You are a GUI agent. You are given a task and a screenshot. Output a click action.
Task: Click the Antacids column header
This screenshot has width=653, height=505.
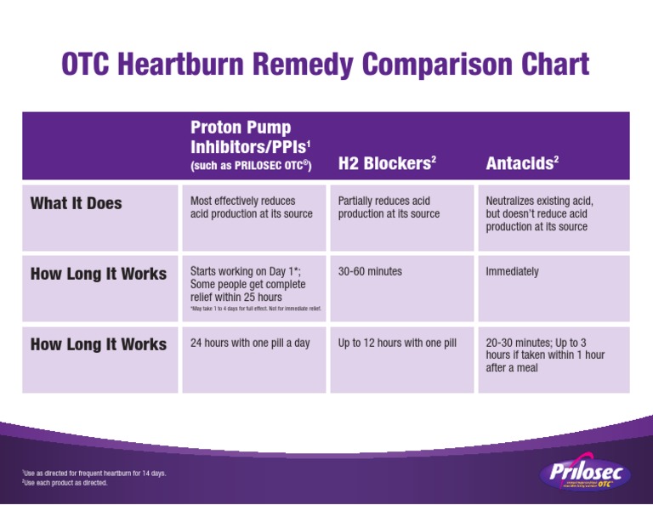521,162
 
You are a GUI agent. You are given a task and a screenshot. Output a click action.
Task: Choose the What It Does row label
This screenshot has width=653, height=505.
77,203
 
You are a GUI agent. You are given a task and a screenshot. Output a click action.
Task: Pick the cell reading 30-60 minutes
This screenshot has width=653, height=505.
370,272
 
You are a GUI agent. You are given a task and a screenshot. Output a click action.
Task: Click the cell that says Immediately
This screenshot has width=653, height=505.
512,272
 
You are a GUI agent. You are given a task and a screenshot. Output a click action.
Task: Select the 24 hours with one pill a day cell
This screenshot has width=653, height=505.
250,343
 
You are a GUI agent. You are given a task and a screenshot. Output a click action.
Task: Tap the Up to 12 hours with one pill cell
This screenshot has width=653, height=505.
397,343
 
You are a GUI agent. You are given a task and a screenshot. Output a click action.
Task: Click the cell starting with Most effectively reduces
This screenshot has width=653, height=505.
252,207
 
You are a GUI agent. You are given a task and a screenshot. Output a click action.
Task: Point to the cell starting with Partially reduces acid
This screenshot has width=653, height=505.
389,207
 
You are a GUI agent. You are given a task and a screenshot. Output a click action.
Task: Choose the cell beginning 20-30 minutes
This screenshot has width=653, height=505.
544,355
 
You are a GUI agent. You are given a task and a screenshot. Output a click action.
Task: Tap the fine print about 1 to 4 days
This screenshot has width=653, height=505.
255,309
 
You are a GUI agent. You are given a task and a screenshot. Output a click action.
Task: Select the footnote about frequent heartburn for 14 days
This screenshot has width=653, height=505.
94,473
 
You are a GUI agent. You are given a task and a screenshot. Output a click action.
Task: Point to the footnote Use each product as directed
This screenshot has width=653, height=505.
65,483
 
